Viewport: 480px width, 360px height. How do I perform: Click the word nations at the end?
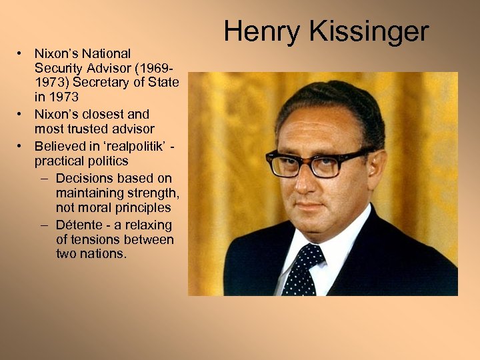(x=105, y=254)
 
